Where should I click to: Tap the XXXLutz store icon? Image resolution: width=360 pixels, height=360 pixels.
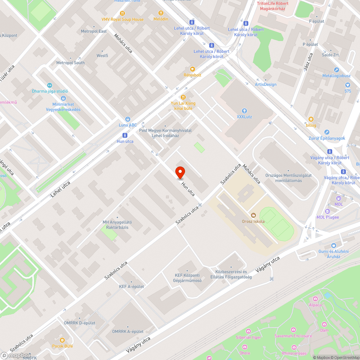click(x=244, y=111)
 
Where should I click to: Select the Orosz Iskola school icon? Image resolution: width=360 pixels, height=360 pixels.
click(x=253, y=215)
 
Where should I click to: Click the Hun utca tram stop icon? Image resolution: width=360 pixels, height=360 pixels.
click(x=125, y=135)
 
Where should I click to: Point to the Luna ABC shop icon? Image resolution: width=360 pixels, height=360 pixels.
click(x=127, y=119)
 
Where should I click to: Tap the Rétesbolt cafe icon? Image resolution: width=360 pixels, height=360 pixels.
click(x=192, y=69)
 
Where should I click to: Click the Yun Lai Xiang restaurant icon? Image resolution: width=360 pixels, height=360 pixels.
click(x=183, y=97)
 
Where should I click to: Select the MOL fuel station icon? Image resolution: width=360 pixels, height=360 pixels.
click(x=338, y=198)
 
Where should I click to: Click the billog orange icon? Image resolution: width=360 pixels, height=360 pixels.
click(x=311, y=119)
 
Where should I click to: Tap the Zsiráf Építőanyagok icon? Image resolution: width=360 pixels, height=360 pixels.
click(x=327, y=132)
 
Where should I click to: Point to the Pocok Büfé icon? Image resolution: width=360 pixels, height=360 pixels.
click(x=62, y=340)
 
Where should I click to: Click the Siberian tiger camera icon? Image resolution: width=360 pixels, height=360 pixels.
click(x=248, y=331)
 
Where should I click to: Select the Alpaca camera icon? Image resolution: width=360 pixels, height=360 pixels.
click(x=315, y=298)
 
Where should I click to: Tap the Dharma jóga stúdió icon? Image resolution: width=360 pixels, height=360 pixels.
click(x=50, y=85)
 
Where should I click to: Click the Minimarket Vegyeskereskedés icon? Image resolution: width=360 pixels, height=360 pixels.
click(x=63, y=98)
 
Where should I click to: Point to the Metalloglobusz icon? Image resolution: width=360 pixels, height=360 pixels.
click(x=336, y=70)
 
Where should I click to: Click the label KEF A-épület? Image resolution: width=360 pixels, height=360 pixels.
click(x=131, y=286)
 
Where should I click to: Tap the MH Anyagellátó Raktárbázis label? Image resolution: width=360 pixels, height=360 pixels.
click(x=117, y=225)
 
